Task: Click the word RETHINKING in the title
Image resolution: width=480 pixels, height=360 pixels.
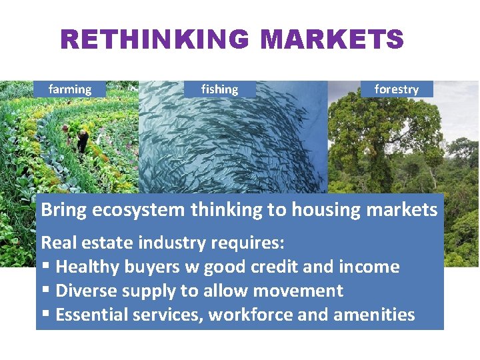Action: [156, 39]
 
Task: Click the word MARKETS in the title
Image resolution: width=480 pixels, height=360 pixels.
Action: [332, 39]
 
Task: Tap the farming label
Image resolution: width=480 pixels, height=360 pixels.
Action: [70, 89]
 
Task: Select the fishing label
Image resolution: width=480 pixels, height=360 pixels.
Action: [219, 89]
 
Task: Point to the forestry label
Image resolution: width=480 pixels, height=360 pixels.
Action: [397, 89]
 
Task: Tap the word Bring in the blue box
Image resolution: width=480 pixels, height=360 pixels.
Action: [64, 210]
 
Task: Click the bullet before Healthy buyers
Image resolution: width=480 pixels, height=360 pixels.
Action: [45, 267]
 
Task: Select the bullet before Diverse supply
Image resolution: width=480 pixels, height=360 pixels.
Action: [45, 291]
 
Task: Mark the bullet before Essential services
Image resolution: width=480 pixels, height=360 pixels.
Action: [45, 315]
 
